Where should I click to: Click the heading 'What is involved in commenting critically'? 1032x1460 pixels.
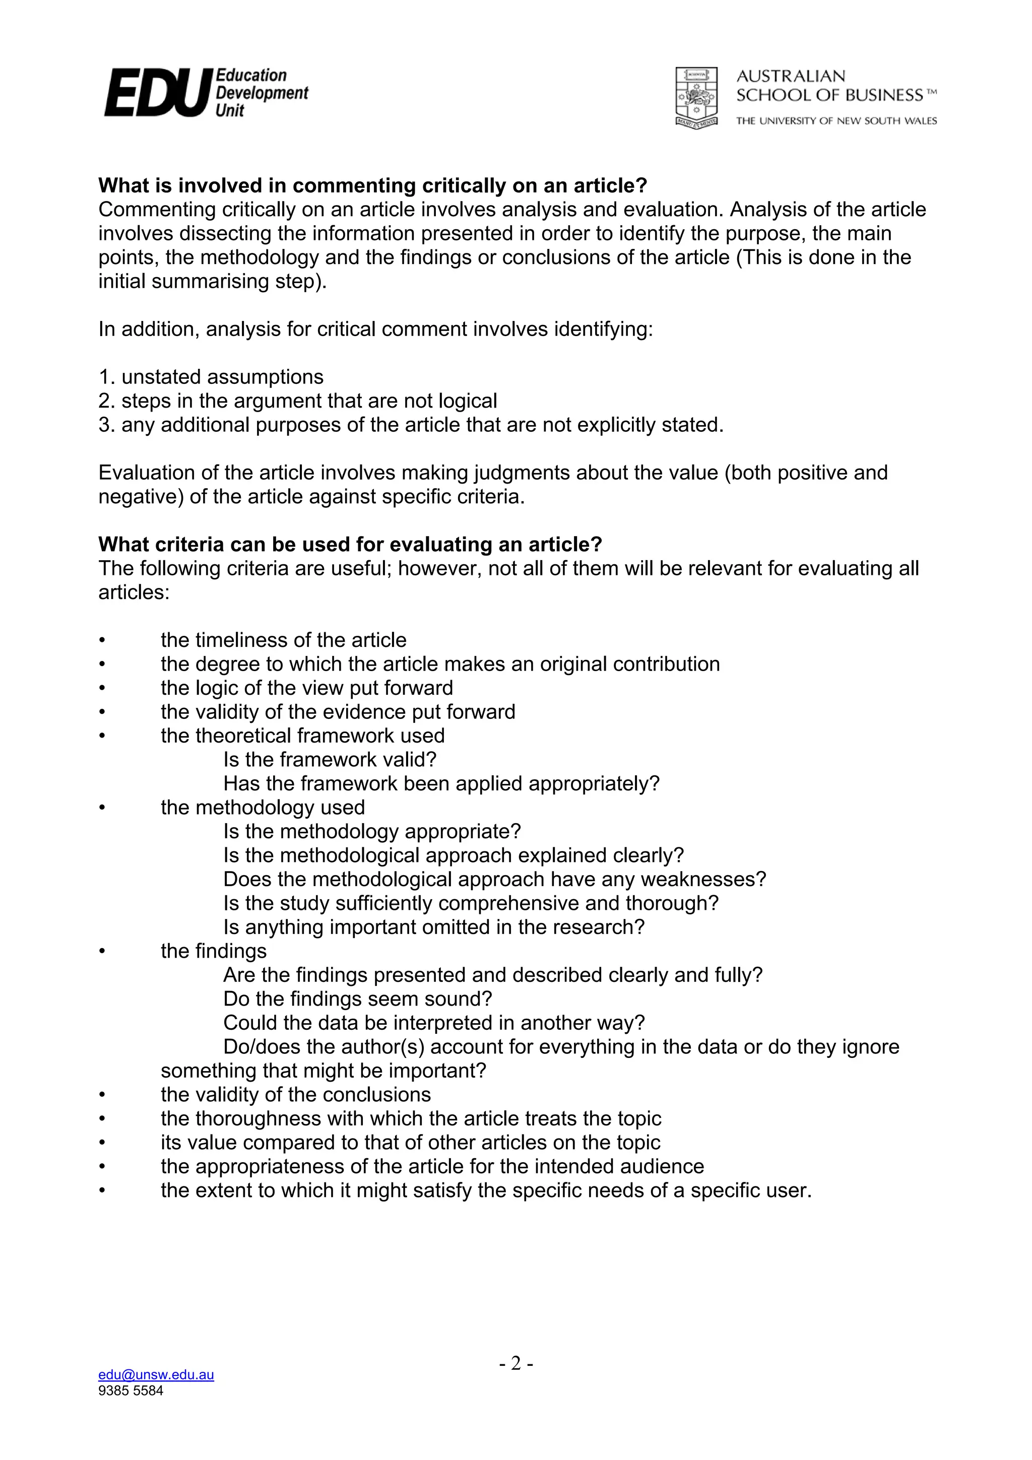(x=372, y=186)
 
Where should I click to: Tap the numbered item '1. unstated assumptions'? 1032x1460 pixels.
(x=211, y=377)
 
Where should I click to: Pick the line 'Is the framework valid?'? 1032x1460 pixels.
(x=330, y=759)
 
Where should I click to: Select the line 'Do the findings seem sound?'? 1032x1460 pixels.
(x=357, y=999)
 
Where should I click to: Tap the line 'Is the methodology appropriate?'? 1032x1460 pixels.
(x=372, y=831)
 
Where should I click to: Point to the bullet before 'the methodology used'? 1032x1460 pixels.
(x=101, y=808)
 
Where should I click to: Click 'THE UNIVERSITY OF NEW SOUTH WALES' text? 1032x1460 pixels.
(x=836, y=121)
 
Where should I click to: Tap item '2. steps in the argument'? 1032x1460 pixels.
(x=298, y=401)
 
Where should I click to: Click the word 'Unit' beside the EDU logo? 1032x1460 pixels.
(x=230, y=111)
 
